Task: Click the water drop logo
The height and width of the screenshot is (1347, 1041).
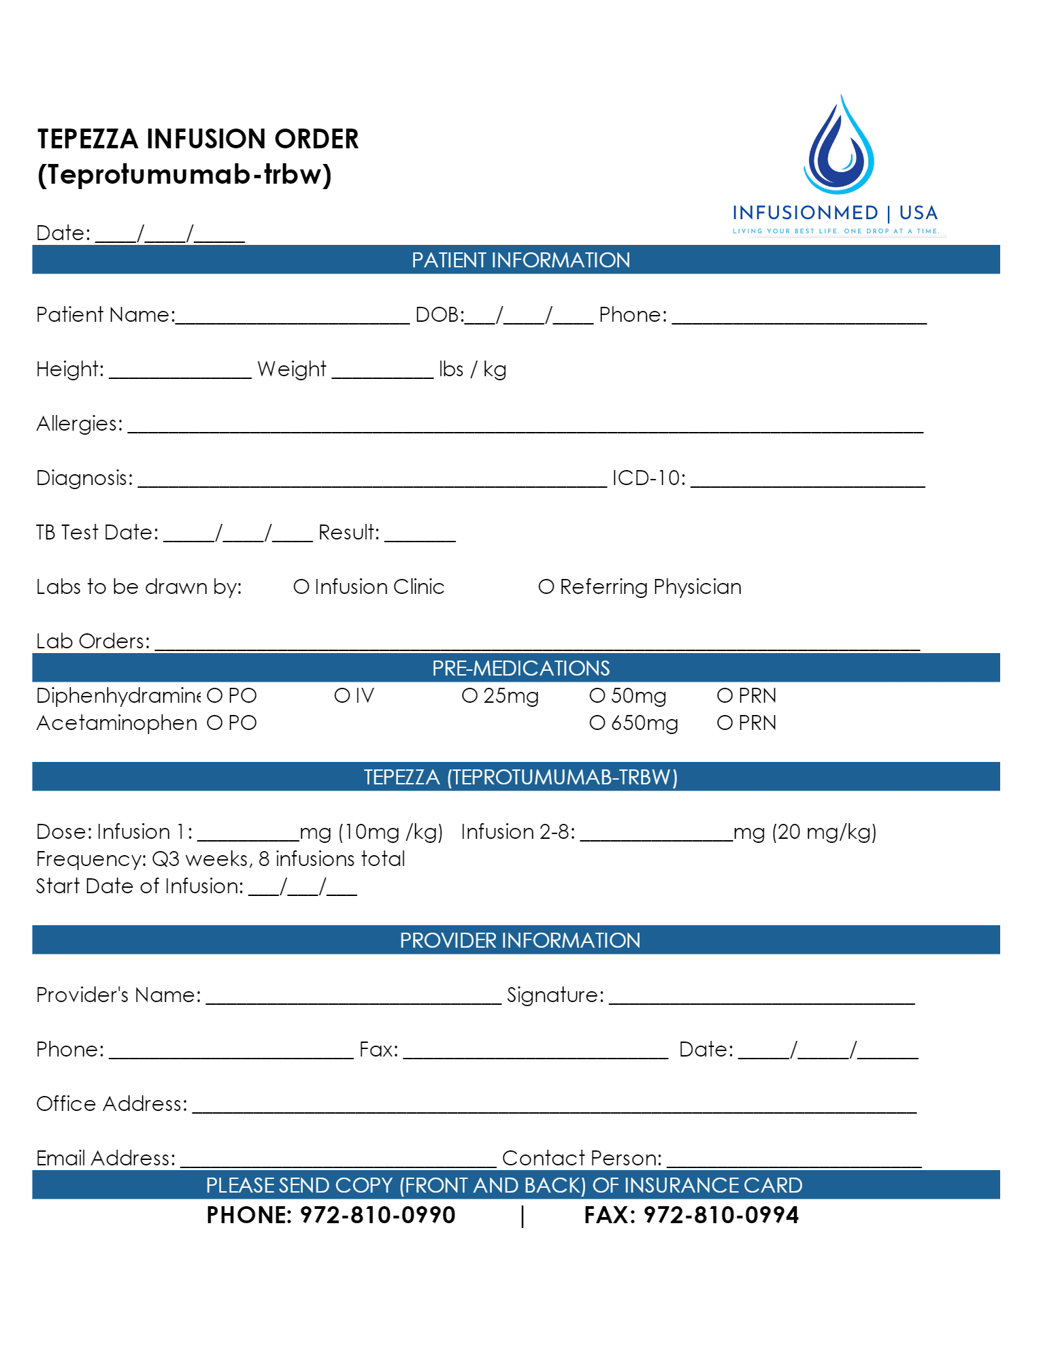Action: [x=839, y=146]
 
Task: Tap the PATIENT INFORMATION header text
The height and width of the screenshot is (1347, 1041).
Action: [x=520, y=260]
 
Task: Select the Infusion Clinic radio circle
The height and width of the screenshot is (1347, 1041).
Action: [x=301, y=586]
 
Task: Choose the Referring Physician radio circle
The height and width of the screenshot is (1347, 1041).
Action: [x=546, y=586]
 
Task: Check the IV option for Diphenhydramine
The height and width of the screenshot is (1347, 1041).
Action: [x=342, y=695]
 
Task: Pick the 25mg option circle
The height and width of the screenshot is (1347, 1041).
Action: [x=469, y=695]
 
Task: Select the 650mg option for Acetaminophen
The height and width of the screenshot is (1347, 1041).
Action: [x=597, y=722]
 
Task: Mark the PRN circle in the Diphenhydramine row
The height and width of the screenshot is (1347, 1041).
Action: [x=725, y=695]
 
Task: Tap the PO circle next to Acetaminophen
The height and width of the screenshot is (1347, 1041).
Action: [x=214, y=722]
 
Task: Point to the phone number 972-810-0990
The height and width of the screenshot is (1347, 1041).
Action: [x=378, y=1215]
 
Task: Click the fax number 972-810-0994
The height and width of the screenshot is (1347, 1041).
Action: [x=721, y=1215]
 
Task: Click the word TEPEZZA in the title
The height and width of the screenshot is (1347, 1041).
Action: [x=88, y=139]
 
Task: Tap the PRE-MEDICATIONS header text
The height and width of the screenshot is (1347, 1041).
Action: [x=520, y=668]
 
